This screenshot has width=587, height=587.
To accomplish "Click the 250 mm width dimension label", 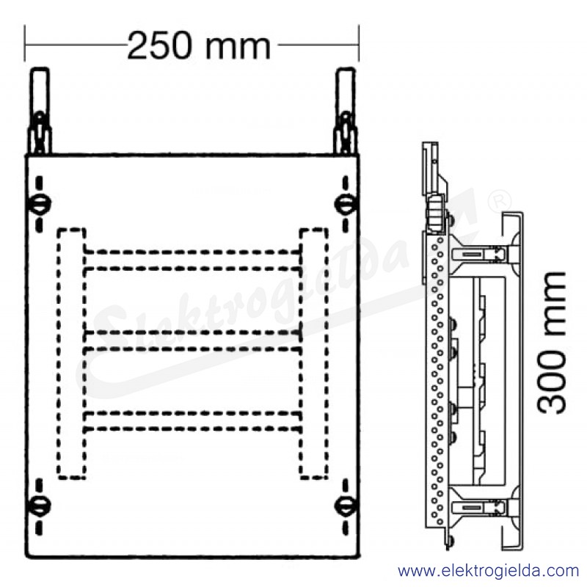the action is click(199, 46).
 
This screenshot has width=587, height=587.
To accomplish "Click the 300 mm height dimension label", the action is click(552, 343).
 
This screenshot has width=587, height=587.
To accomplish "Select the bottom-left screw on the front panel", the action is click(40, 506).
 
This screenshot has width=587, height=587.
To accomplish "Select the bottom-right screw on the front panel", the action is click(344, 506).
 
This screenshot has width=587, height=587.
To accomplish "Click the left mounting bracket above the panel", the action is click(40, 112).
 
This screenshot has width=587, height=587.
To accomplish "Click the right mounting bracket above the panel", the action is click(345, 112).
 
